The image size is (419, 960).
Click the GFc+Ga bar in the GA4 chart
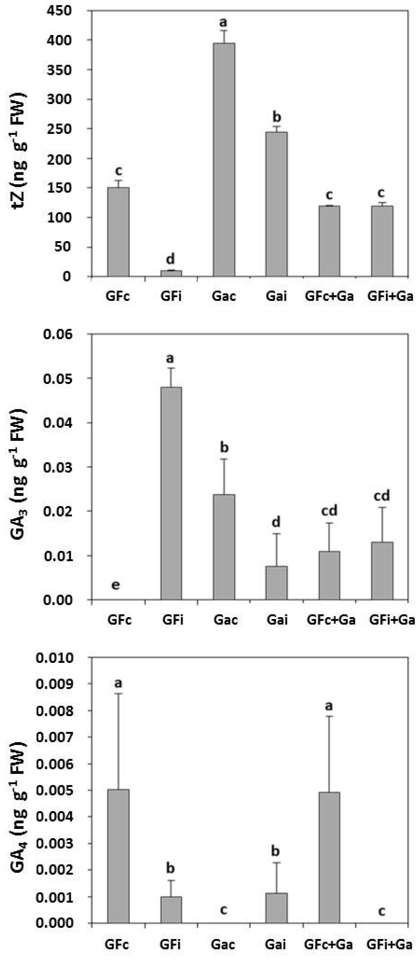(x=329, y=857)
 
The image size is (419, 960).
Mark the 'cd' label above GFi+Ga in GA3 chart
(x=382, y=496)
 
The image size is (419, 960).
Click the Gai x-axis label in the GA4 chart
(x=276, y=945)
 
